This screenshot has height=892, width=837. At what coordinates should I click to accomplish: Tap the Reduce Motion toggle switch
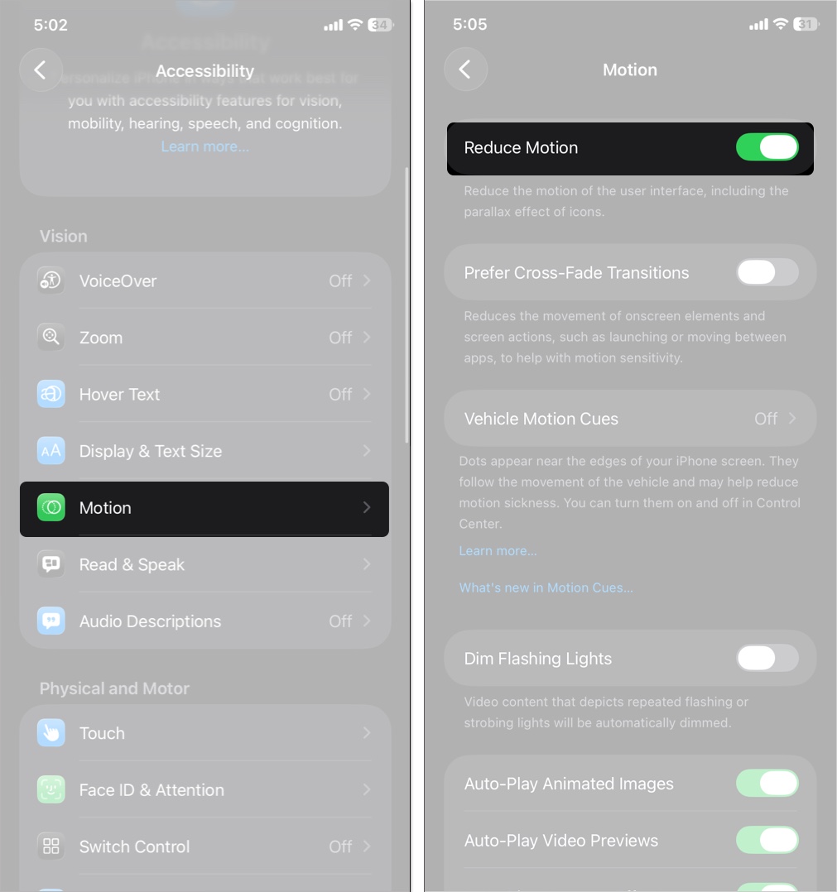click(767, 147)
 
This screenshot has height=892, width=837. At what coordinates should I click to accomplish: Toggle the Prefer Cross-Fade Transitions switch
click(767, 272)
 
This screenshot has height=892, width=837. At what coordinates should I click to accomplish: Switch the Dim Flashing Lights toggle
click(767, 659)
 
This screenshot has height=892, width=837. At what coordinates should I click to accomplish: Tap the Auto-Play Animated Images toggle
click(767, 784)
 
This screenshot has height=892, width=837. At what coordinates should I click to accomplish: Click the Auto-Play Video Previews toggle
click(767, 840)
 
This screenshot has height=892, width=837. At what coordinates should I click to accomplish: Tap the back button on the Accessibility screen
click(41, 70)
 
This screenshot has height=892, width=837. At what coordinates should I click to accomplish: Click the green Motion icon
click(51, 507)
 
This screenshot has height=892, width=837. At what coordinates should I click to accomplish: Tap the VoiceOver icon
click(51, 281)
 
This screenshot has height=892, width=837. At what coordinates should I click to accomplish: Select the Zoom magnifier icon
click(51, 337)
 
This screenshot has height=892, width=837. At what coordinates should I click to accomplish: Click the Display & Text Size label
click(151, 451)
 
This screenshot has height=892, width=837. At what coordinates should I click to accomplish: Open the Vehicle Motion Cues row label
click(541, 419)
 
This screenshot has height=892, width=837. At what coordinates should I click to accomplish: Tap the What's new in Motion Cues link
click(546, 587)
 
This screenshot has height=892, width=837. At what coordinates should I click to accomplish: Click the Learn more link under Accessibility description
click(204, 146)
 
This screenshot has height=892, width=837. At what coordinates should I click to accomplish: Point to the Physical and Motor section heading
click(114, 688)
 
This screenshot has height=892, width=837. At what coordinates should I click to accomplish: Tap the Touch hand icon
click(51, 733)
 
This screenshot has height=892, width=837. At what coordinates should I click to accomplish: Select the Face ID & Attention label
click(152, 790)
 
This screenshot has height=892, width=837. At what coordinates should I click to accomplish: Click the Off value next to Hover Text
click(340, 394)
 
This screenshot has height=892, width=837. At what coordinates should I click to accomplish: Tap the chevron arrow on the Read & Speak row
click(367, 564)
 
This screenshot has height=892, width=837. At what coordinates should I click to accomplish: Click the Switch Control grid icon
click(51, 846)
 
